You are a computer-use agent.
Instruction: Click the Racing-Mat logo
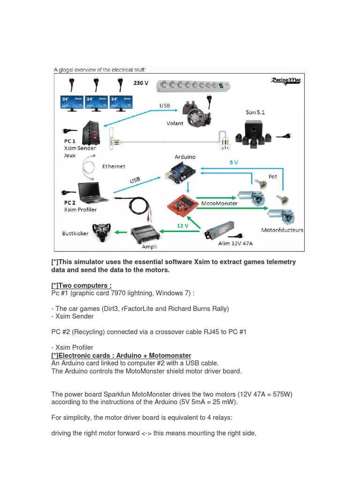click(x=285, y=81)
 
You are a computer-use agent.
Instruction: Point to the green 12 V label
click(x=182, y=225)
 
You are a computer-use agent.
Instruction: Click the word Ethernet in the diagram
click(x=114, y=166)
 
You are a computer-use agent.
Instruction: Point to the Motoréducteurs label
click(x=282, y=230)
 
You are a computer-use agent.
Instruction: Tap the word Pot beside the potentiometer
click(x=273, y=177)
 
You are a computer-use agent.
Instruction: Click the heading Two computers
click(x=81, y=285)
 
